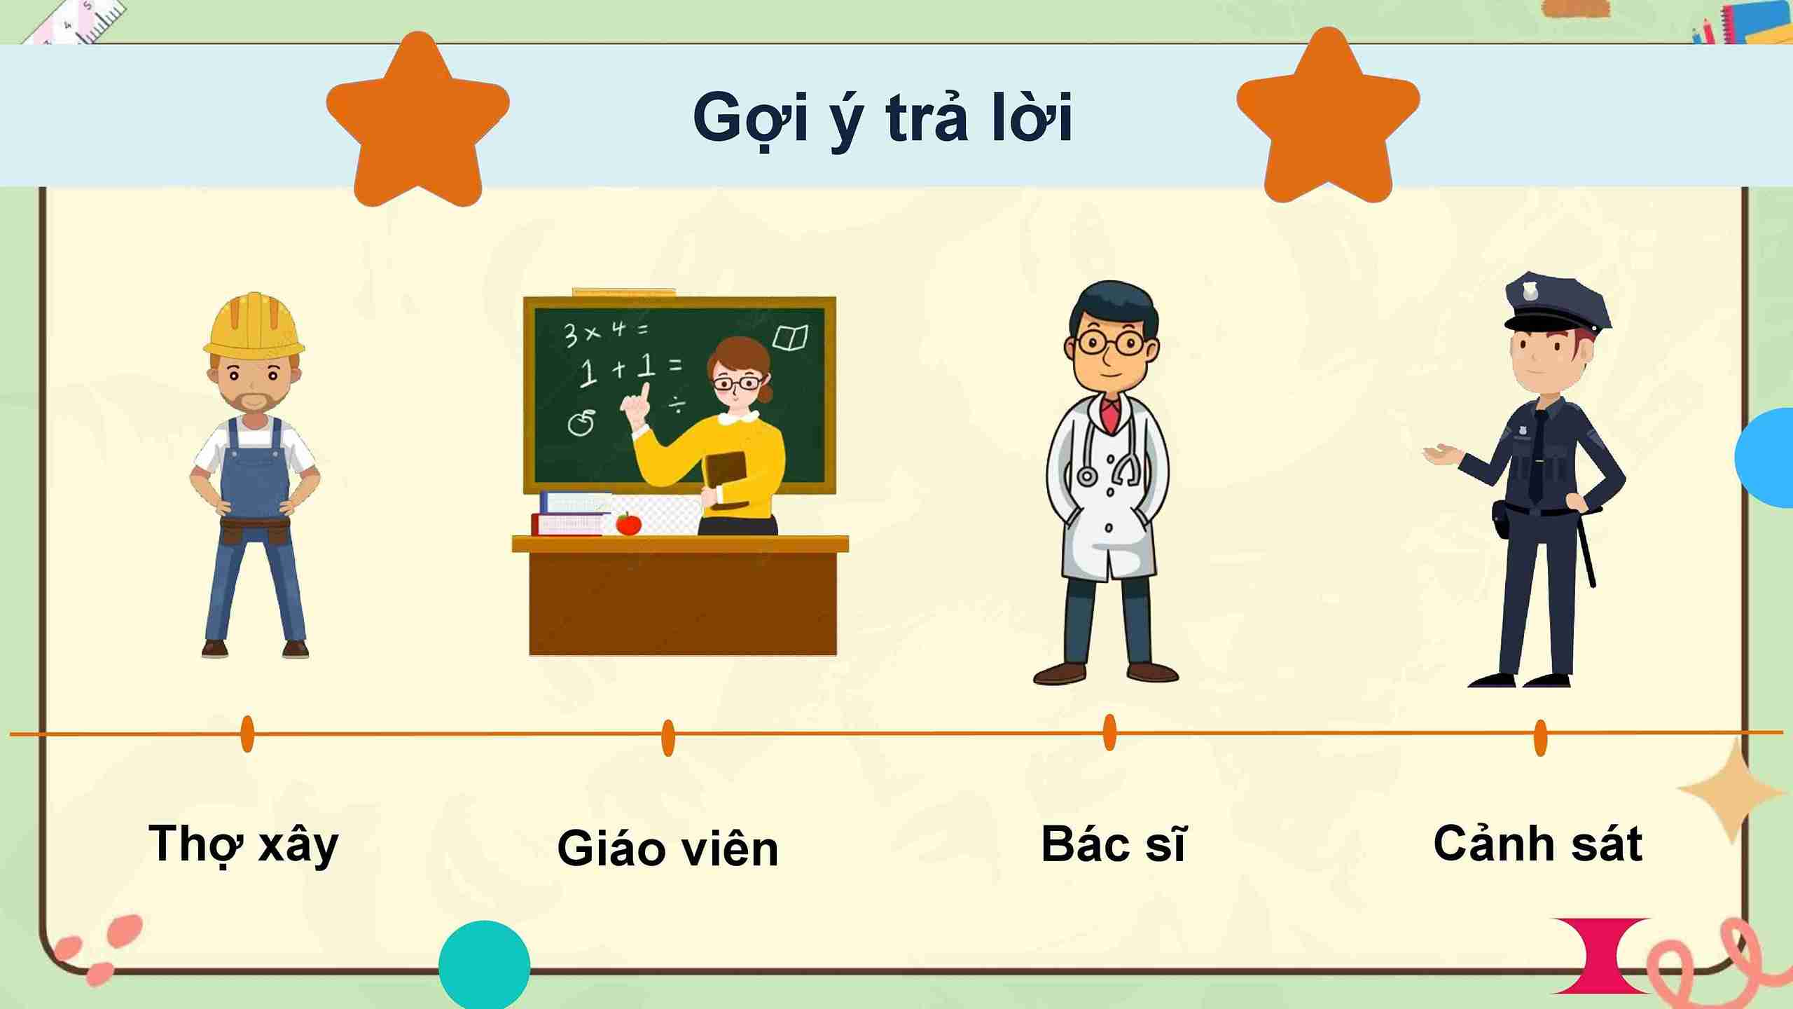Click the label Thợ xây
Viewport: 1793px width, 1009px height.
244,844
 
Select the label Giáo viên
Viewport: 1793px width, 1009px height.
667,849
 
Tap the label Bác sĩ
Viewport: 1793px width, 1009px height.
1113,844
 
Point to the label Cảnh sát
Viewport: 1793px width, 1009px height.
1538,844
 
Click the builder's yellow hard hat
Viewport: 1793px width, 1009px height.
254,325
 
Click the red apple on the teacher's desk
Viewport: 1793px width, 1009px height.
628,523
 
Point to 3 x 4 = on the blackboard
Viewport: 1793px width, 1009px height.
606,331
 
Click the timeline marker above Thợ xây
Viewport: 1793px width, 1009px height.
247,734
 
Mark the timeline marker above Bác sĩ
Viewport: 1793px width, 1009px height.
1109,732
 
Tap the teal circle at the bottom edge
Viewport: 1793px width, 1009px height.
484,966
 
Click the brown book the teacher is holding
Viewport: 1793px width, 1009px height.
726,478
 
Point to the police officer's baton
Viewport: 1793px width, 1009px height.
1587,547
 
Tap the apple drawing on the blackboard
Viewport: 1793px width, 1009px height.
581,423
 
